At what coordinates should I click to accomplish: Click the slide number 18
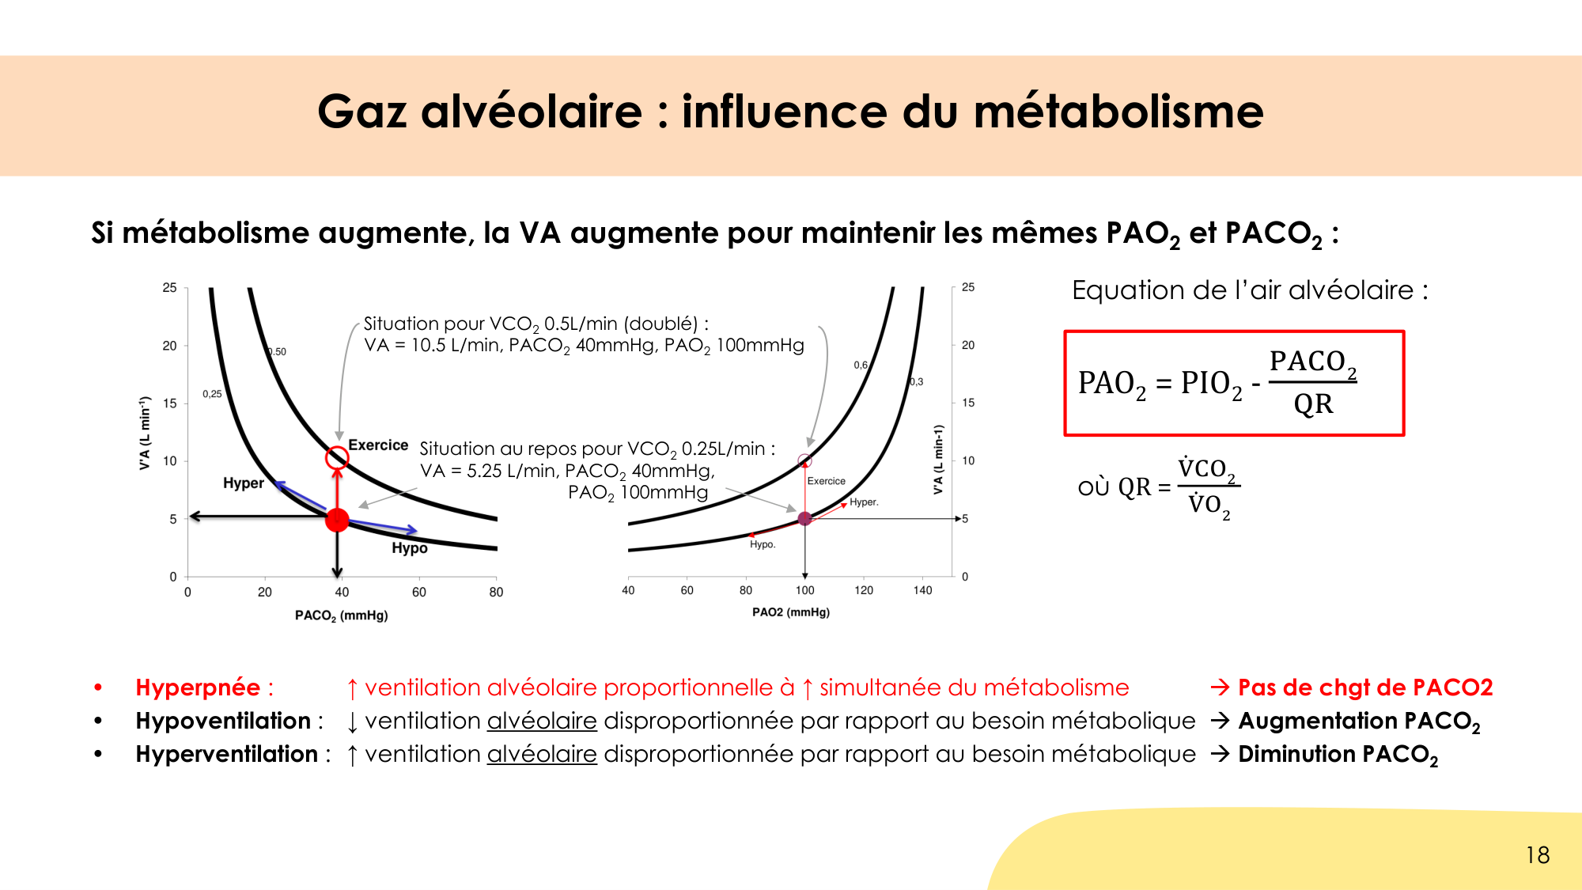pos(1537,855)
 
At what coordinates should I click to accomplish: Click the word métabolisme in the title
pos(1118,112)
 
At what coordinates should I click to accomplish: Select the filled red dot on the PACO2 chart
pos(337,520)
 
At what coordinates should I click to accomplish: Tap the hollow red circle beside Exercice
pos(337,456)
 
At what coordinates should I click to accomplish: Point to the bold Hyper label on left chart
pos(243,483)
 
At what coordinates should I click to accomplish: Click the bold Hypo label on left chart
pos(409,548)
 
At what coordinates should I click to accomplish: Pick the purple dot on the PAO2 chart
pos(804,519)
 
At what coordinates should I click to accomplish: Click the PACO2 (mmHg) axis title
pos(341,615)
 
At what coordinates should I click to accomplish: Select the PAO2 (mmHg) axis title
pos(790,612)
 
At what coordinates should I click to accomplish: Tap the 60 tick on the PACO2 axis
pos(418,592)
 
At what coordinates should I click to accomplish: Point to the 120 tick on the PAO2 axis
pos(864,590)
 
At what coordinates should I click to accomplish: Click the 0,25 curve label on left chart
pos(212,394)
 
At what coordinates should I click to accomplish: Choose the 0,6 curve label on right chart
pos(861,365)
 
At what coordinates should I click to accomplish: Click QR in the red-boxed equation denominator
pos(1313,404)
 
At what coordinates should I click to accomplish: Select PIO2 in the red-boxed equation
pos(1210,384)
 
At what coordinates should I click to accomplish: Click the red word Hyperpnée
pos(198,687)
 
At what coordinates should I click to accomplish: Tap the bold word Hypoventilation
pos(223,721)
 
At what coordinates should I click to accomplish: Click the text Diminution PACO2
pos(1337,755)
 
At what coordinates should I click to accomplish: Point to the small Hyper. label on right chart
pos(864,502)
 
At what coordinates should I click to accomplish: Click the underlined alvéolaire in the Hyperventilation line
pos(542,755)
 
